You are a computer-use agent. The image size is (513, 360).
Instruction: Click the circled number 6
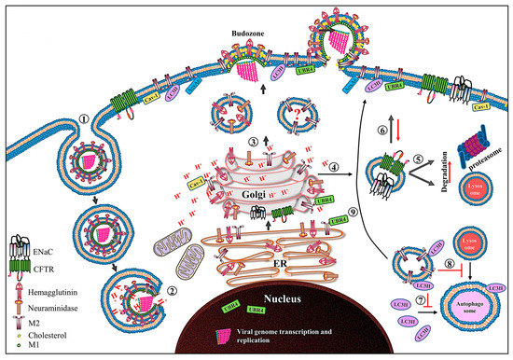tap(381, 136)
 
